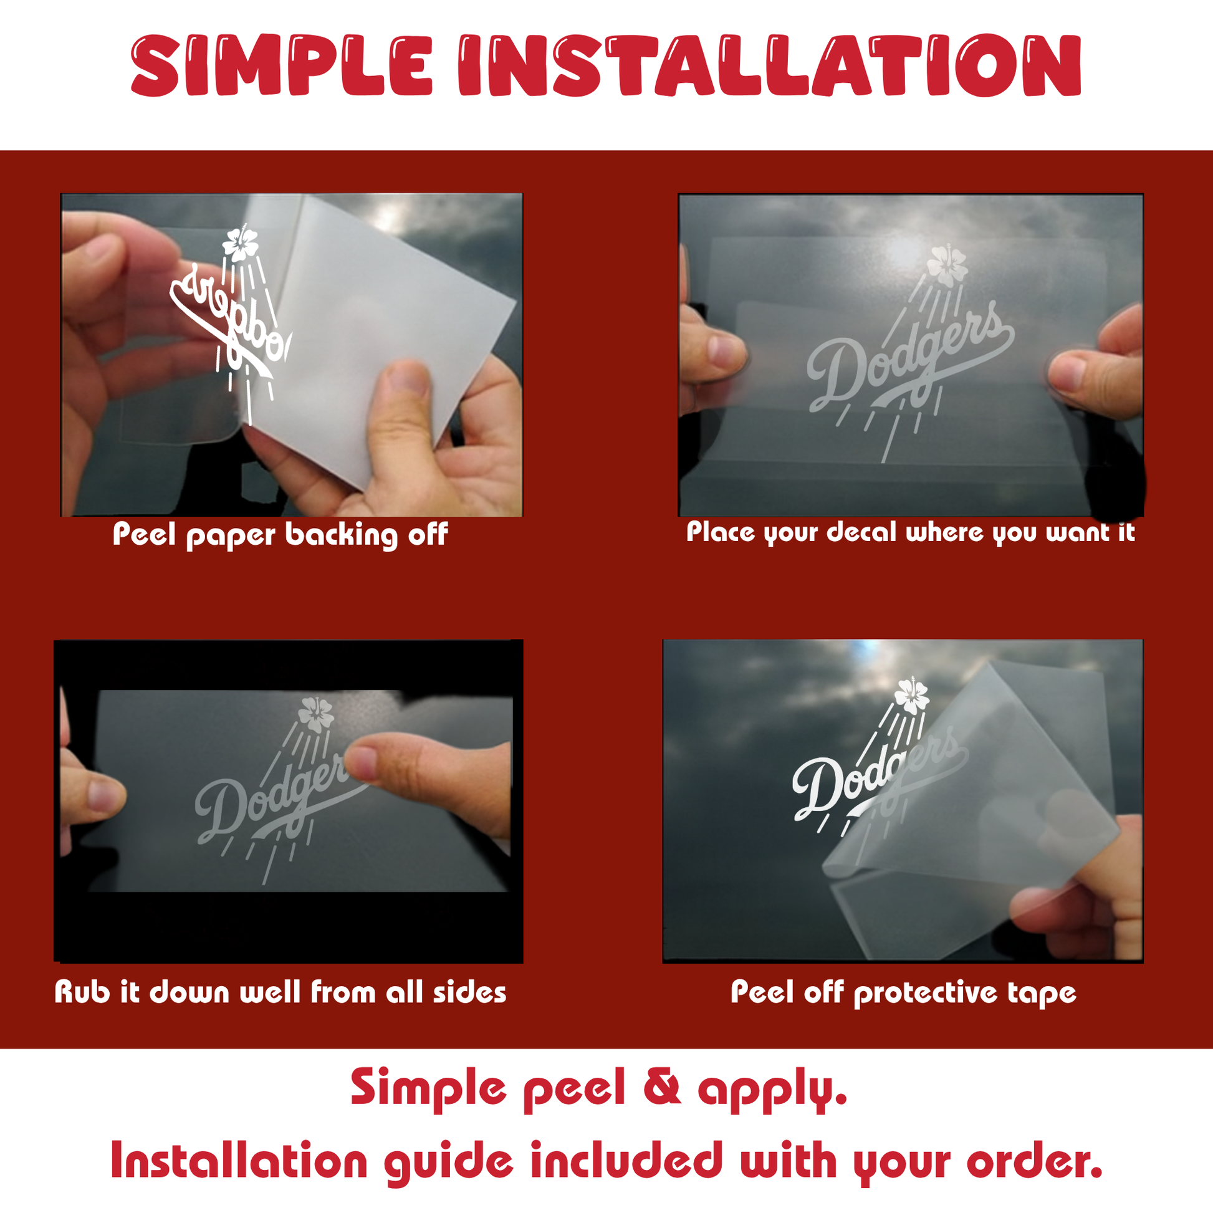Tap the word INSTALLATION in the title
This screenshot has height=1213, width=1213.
[x=770, y=65]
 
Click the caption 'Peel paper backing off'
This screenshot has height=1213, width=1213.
[x=280, y=535]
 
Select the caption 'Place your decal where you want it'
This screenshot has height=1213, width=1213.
[x=911, y=532]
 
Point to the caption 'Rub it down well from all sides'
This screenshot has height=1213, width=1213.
[x=280, y=992]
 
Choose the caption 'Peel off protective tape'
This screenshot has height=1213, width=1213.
[x=903, y=993]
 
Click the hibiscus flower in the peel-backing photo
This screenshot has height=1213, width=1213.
[x=241, y=244]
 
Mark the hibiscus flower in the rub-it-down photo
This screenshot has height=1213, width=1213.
[x=315, y=715]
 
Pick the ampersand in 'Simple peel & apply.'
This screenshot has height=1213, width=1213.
[x=663, y=1088]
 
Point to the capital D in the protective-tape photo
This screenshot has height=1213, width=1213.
[x=816, y=789]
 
